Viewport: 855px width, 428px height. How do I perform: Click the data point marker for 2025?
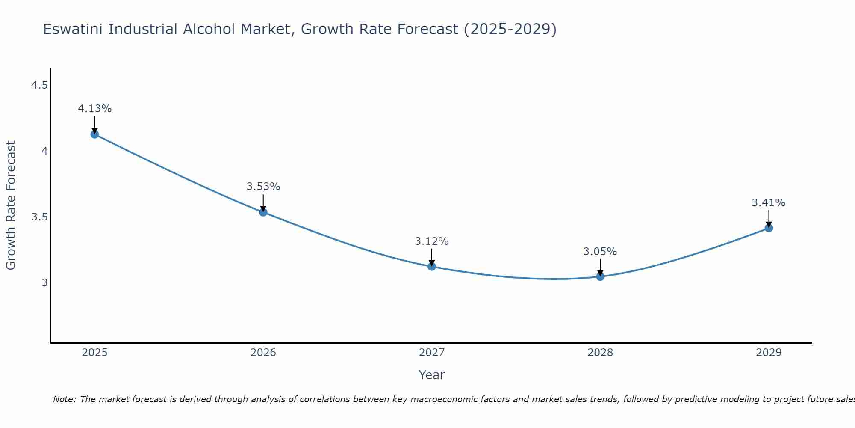tap(94, 134)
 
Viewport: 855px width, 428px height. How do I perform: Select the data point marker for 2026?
tap(263, 212)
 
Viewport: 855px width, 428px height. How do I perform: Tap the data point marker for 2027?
tap(432, 266)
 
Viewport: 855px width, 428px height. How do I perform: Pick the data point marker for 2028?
tap(600, 276)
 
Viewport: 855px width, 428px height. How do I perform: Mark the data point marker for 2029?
tap(769, 228)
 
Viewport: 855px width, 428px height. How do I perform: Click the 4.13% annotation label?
tap(94, 109)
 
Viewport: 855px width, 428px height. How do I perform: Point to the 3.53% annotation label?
tap(263, 187)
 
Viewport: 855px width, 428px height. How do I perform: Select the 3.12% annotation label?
tap(432, 241)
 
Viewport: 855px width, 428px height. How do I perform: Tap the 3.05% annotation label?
tap(600, 252)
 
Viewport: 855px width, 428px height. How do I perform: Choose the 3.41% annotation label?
tap(769, 203)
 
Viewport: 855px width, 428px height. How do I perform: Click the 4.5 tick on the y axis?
tap(39, 86)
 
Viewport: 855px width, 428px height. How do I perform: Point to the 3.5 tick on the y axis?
tap(39, 217)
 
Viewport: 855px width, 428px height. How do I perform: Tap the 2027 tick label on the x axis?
tap(432, 353)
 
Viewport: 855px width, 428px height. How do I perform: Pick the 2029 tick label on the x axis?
tap(769, 353)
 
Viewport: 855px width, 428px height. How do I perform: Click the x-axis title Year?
tap(432, 375)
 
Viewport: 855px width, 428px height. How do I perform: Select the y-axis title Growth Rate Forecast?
tap(11, 205)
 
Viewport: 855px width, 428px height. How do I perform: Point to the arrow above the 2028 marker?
tap(600, 267)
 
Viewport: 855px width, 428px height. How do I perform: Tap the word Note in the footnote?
tap(64, 399)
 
